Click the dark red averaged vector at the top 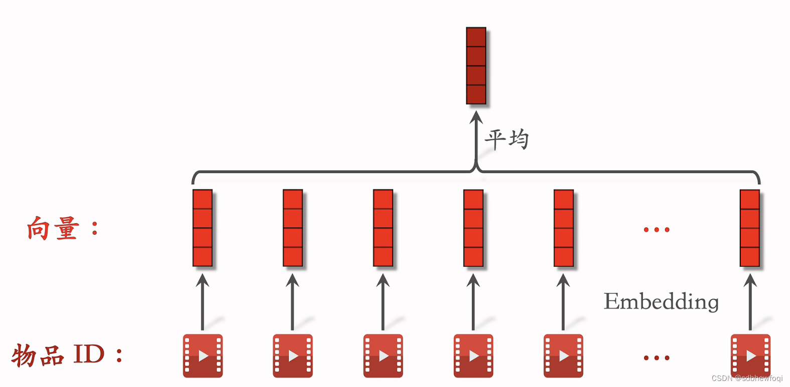476,66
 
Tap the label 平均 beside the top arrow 506,139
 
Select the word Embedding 661,302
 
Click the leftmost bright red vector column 202,228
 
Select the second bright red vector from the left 293,228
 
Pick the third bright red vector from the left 383,228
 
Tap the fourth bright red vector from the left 473,228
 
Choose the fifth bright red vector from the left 564,228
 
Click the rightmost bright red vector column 750,228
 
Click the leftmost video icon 203,356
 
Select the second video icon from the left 293,356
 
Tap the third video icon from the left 383,356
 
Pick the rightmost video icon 750,356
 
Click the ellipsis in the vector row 656,230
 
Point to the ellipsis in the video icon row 656,358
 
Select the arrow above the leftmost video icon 202,302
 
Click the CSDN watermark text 747,378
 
